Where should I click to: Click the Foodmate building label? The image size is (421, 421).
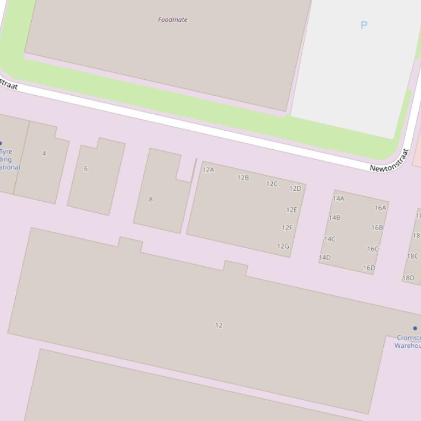point(173,20)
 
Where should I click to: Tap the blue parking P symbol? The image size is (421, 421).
point(364,25)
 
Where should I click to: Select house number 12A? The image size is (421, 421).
point(208,170)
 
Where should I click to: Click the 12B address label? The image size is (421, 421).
point(243,178)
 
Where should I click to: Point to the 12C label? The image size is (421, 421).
point(272,184)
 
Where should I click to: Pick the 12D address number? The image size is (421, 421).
point(295,189)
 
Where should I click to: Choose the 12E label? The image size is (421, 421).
point(291,210)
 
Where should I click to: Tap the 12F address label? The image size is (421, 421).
point(287,228)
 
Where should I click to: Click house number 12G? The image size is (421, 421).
point(283,247)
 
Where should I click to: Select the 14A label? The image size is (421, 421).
point(338,199)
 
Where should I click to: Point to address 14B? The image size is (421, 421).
point(334,218)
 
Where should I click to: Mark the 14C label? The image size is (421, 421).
point(330,239)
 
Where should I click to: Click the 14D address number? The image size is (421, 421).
point(325,258)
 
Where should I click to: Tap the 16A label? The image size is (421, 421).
point(381,208)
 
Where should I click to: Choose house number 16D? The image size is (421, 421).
point(369,268)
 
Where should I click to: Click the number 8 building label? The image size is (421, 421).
point(151,199)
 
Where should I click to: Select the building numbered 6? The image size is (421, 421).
point(85,168)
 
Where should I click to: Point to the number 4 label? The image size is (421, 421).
point(44,153)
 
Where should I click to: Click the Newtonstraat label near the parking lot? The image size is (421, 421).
point(389,161)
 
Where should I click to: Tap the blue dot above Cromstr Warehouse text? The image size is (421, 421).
point(415,329)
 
